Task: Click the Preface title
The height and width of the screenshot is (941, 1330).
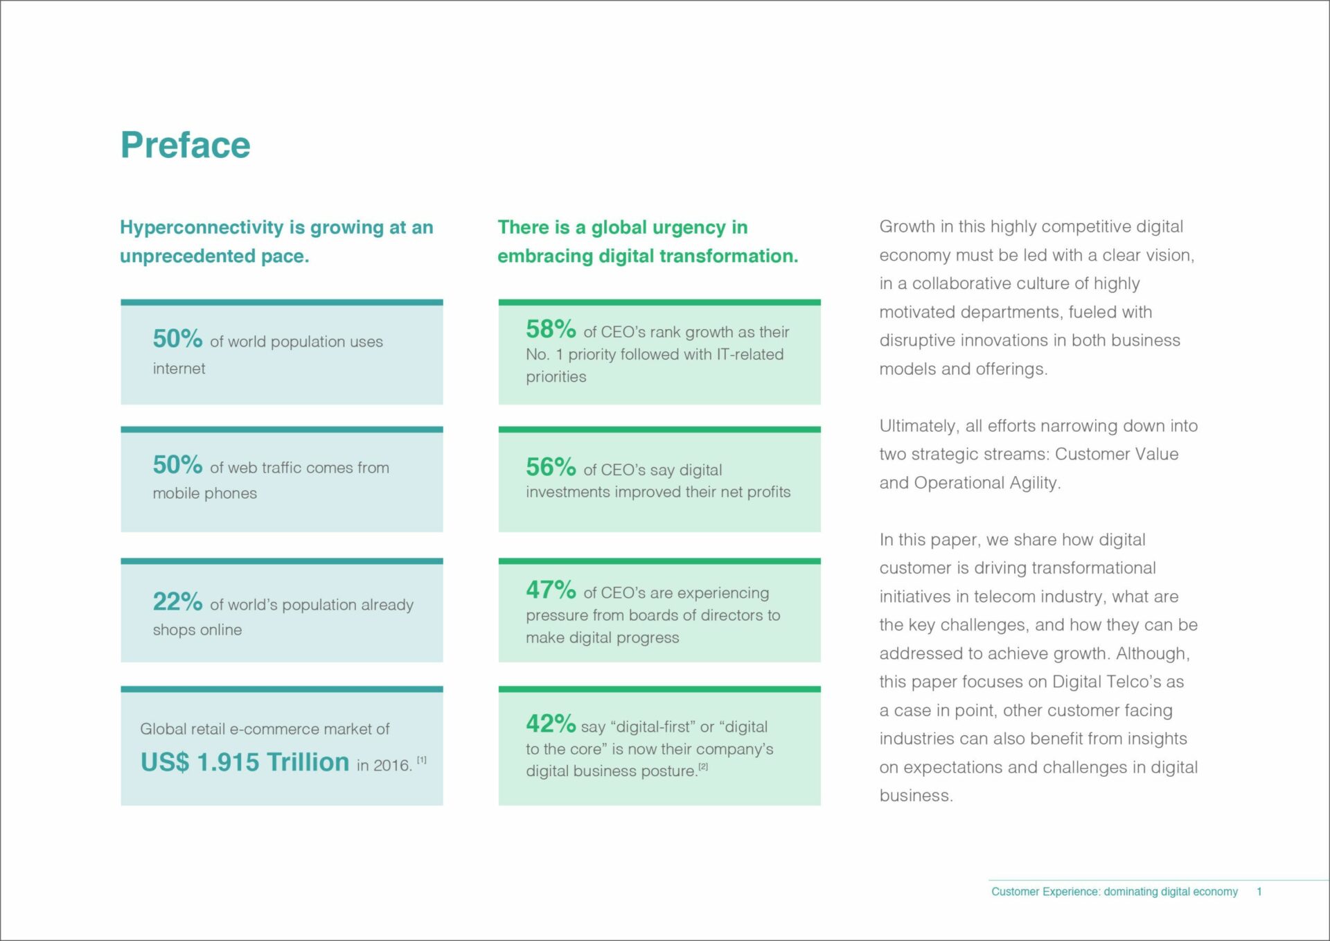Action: point(186,146)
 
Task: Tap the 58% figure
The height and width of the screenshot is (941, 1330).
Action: point(551,329)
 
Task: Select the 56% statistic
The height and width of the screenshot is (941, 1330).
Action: point(551,467)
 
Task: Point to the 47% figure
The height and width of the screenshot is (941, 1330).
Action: point(551,590)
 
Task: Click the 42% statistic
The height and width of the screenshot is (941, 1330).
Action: point(551,723)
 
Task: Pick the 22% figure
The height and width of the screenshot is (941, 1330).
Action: point(178,601)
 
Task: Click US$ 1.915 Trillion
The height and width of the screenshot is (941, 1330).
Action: point(245,762)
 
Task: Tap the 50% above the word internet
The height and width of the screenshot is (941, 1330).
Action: point(178,339)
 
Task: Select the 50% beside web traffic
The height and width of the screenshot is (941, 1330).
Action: point(178,465)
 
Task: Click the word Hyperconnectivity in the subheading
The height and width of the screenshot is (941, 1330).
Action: point(202,228)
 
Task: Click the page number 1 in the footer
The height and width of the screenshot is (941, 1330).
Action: point(1259,892)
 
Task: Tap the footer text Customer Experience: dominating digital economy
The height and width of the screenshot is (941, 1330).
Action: point(1115,892)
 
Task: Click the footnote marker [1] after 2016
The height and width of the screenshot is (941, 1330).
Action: point(422,760)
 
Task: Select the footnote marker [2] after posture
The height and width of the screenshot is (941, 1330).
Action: point(703,766)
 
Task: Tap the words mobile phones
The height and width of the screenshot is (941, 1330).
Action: point(205,493)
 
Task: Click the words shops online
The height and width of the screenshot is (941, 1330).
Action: point(197,630)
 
